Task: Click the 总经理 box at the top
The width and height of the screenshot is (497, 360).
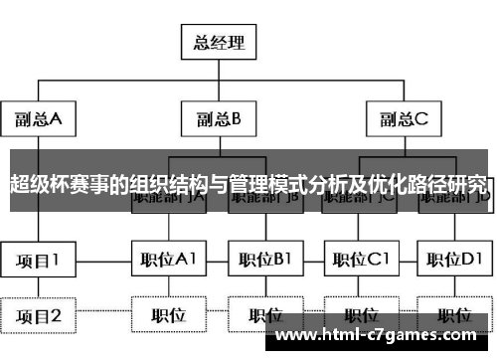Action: pyautogui.click(x=219, y=43)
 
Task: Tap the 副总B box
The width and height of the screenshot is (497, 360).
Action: pyautogui.click(x=219, y=119)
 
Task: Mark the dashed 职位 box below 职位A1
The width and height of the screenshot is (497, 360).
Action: pyautogui.click(x=168, y=316)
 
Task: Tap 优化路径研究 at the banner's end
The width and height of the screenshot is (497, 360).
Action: pyautogui.click(x=438, y=185)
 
